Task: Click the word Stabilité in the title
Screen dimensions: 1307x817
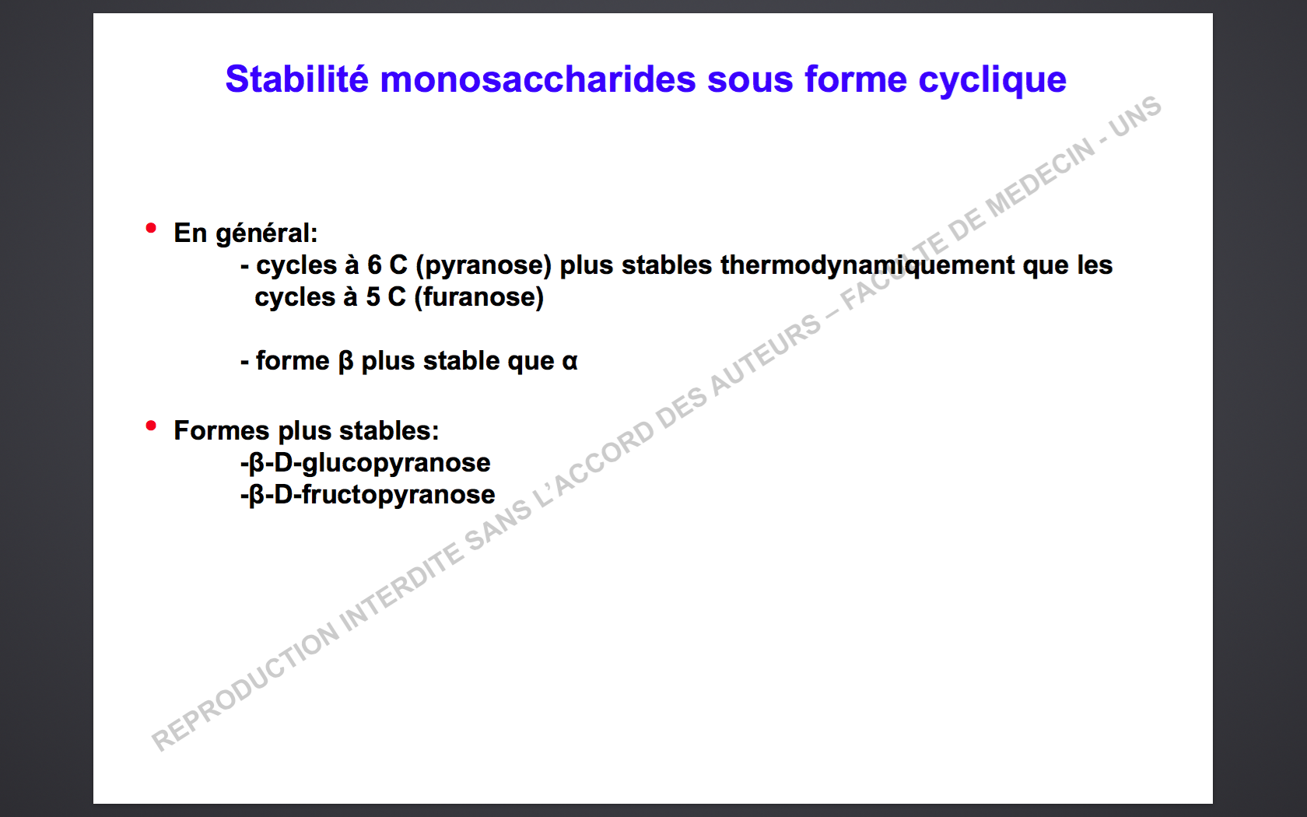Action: (297, 79)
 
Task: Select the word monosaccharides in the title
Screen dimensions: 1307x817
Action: (538, 79)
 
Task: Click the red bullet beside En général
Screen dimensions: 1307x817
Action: (151, 228)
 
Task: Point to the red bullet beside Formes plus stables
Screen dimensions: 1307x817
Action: (151, 426)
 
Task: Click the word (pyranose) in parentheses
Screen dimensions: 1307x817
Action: (484, 265)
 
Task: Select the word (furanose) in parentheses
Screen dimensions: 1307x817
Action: (479, 297)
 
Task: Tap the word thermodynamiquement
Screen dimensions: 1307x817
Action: (867, 265)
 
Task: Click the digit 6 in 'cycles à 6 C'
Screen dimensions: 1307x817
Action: (374, 265)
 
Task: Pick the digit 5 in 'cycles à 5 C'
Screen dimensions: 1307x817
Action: (373, 297)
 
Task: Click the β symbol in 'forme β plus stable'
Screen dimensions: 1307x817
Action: (345, 362)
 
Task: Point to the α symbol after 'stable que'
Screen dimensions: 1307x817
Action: (570, 362)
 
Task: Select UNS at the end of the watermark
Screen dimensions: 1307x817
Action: (1136, 116)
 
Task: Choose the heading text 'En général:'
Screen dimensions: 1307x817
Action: (246, 233)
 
